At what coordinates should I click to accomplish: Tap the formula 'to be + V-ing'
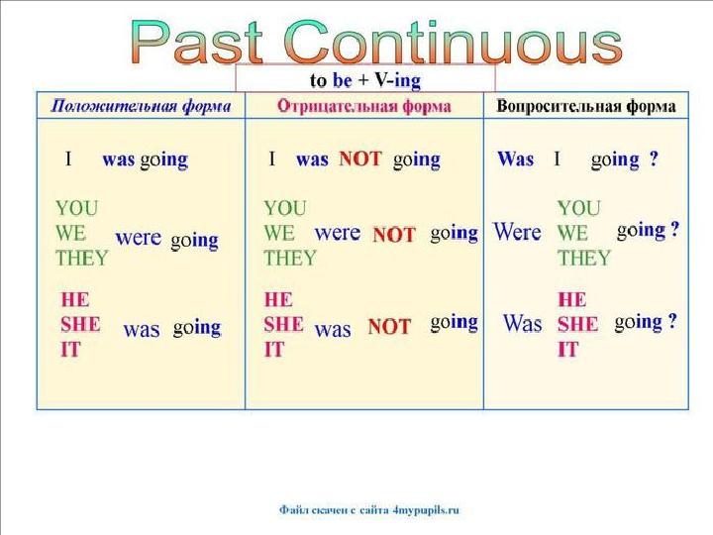point(365,77)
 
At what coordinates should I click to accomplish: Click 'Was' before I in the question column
point(515,160)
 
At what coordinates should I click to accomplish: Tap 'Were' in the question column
point(517,233)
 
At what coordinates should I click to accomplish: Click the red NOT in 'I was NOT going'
point(359,159)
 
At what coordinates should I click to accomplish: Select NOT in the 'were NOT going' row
point(393,235)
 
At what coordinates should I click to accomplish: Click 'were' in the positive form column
point(138,238)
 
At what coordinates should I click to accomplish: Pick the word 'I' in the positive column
point(68,160)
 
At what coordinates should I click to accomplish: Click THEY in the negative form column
point(290,259)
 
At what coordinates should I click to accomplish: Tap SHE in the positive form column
point(80,324)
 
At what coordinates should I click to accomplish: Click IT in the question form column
point(567,349)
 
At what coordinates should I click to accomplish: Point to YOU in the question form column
point(578,209)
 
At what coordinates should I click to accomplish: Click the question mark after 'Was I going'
point(654,160)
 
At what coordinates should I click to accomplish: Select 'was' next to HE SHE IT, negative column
point(332,330)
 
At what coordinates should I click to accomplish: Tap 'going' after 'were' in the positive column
point(194,240)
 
